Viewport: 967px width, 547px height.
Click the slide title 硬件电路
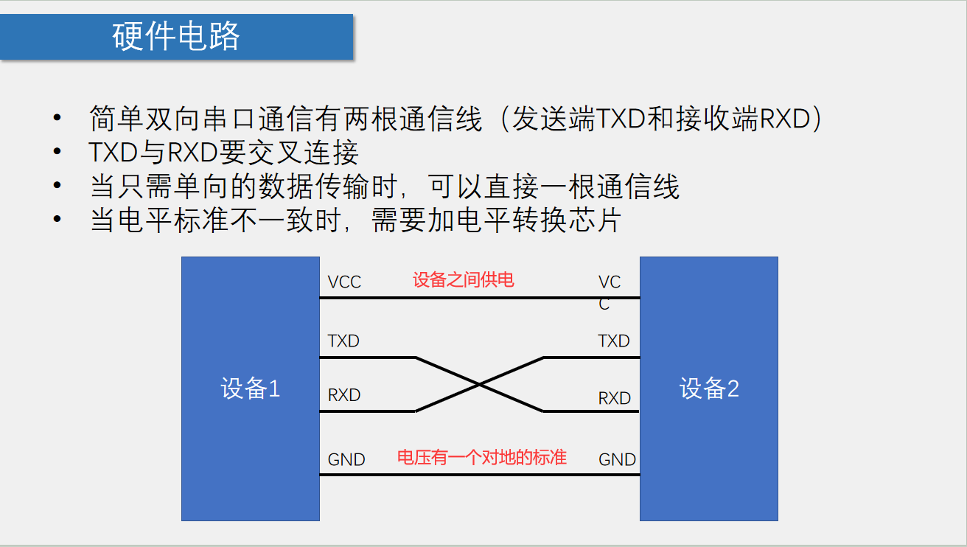[x=176, y=36]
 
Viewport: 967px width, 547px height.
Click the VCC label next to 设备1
[x=344, y=282]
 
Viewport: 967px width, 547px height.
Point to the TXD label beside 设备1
[x=343, y=341]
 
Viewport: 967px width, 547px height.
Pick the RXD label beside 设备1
[x=344, y=395]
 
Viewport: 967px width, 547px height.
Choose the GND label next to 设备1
[x=346, y=460]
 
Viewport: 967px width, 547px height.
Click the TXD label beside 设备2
[x=614, y=341]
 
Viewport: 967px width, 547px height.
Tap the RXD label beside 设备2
[x=615, y=399]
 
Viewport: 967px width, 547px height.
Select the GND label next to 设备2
[x=617, y=460]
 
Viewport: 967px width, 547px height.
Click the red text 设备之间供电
[x=463, y=280]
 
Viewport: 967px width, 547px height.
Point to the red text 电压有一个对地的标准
[x=482, y=458]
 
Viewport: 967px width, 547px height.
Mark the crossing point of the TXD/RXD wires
[x=480, y=384]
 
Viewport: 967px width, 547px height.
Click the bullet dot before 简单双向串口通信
[x=57, y=119]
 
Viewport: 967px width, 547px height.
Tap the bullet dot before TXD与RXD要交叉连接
[x=57, y=153]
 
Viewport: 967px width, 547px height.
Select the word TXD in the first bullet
[x=621, y=119]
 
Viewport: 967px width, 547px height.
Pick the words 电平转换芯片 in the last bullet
[x=537, y=220]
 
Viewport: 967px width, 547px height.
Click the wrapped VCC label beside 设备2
[x=610, y=292]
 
